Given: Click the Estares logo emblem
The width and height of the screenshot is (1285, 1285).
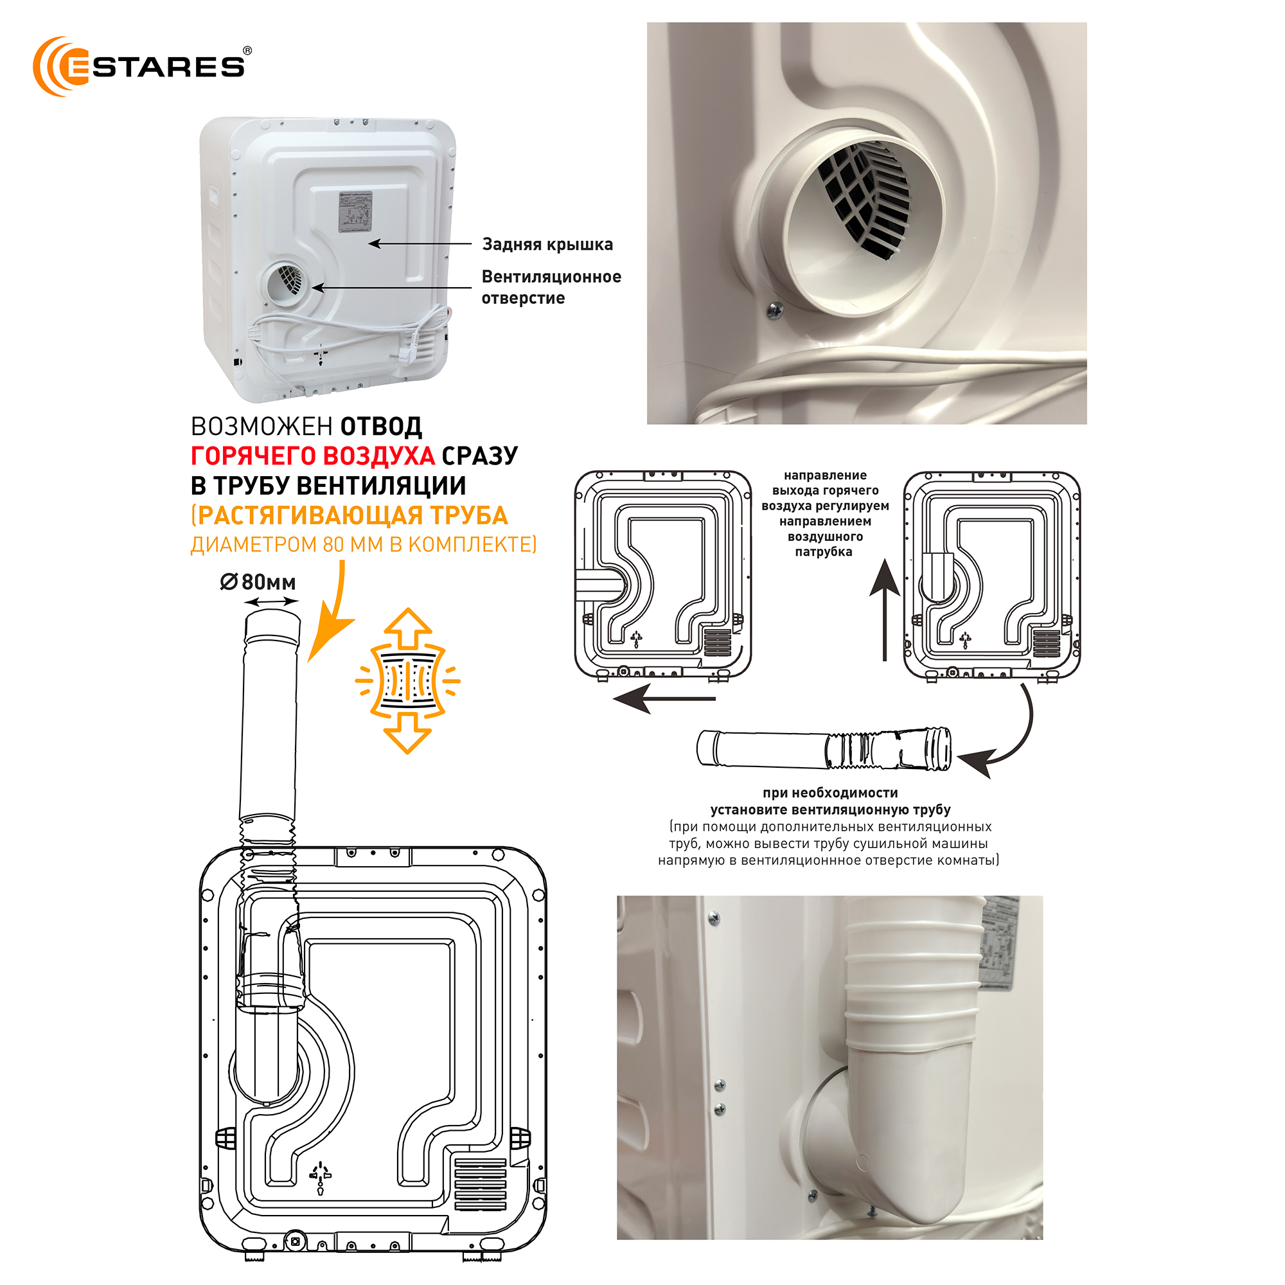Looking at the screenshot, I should click(x=61, y=67).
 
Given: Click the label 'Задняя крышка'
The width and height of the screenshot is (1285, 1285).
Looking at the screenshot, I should click(x=547, y=244).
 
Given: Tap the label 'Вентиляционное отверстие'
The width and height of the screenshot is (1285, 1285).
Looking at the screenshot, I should click(x=551, y=287).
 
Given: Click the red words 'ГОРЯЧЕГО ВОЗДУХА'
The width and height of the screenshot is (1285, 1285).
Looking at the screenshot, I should click(x=313, y=456).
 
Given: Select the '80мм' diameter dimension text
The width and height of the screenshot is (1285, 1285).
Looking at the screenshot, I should click(x=268, y=582).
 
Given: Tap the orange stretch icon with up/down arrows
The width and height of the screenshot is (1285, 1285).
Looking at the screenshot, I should click(x=407, y=680).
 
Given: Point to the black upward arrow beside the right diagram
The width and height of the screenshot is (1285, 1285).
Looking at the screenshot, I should click(x=885, y=608).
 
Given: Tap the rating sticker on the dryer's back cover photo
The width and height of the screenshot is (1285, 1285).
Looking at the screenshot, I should click(x=355, y=212).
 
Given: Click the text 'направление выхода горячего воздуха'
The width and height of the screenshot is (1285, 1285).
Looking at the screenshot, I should click(x=825, y=490).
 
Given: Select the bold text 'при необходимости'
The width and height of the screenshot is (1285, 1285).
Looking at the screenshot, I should click(x=830, y=793).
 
